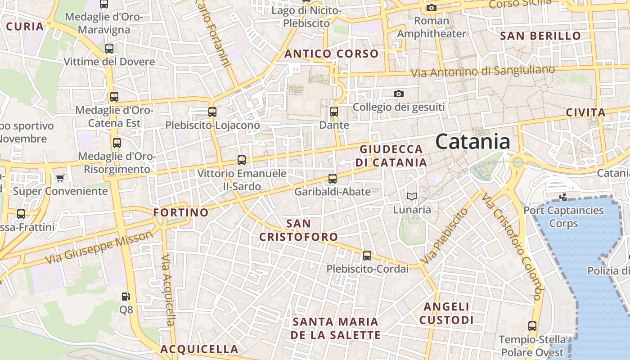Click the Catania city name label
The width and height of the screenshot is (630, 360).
tap(472, 142)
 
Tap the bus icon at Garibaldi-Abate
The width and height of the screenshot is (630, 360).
tap(333, 179)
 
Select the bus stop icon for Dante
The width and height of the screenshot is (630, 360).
tap(334, 112)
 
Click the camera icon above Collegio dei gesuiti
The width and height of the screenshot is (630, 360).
tap(398, 94)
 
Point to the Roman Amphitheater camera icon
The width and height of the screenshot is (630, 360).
tap(431, 8)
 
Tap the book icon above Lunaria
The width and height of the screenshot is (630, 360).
tap(412, 196)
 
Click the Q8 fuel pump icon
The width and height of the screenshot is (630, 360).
tap(126, 297)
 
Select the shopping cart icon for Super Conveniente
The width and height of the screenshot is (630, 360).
tap(60, 178)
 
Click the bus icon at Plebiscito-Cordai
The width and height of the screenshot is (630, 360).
tap(367, 256)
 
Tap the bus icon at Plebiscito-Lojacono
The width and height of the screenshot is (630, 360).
tap(212, 112)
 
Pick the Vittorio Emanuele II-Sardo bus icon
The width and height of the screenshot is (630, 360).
tap(242, 160)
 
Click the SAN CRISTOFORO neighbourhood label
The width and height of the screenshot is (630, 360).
tap(298, 230)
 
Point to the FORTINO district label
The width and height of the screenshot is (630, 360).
tap(181, 212)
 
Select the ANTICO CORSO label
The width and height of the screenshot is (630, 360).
tap(332, 54)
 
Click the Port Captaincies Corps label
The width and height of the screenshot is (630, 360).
tap(563, 216)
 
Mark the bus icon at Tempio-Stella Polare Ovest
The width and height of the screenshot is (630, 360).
tap(532, 326)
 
